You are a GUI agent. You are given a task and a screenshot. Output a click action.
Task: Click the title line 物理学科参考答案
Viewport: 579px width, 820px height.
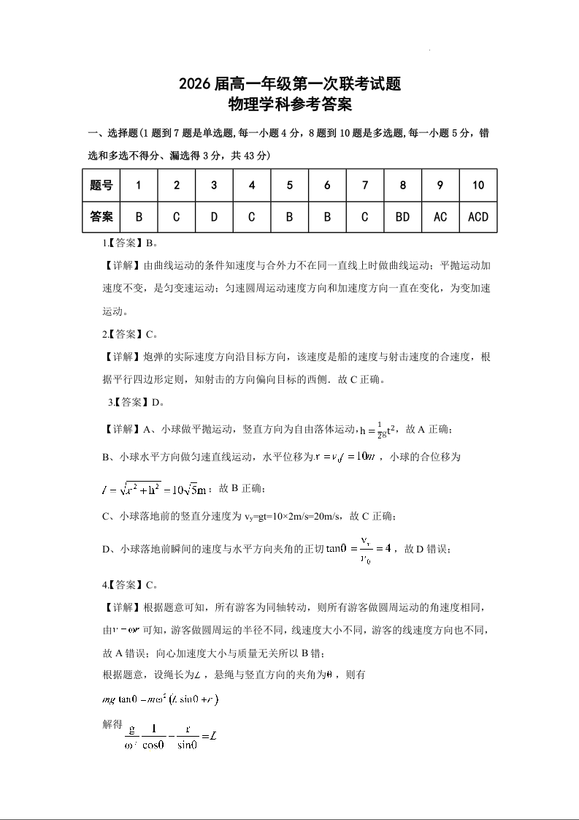pyautogui.click(x=290, y=105)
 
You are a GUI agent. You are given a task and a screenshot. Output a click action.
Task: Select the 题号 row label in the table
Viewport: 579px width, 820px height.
pyautogui.click(x=101, y=186)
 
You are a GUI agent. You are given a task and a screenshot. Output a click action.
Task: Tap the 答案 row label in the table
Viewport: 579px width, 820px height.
pyautogui.click(x=101, y=217)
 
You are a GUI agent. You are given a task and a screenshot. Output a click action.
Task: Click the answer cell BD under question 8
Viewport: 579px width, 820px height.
pyautogui.click(x=402, y=217)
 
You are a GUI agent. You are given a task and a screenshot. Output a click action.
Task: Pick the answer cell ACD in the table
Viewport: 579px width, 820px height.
pyautogui.click(x=478, y=217)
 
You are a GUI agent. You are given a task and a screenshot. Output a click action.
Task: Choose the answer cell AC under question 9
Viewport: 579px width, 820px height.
pyautogui.click(x=440, y=217)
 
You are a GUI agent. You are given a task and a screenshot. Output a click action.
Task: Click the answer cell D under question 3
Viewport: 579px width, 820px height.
pyautogui.click(x=214, y=217)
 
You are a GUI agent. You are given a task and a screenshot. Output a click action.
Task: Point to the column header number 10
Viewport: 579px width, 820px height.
pyautogui.click(x=478, y=186)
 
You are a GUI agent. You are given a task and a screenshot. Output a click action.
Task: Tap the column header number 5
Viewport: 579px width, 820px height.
pyautogui.click(x=290, y=186)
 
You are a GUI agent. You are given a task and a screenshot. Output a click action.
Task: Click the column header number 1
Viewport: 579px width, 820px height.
pyautogui.click(x=139, y=186)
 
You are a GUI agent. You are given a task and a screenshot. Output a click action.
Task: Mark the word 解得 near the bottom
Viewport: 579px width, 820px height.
pyautogui.click(x=112, y=724)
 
